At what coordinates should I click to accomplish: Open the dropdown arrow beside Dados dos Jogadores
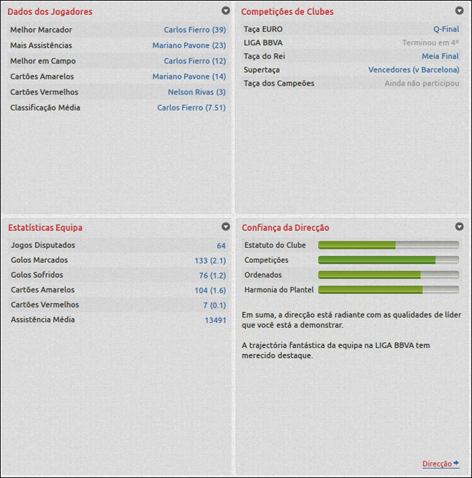pyautogui.click(x=225, y=11)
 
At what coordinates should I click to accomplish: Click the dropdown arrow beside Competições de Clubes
pyautogui.click(x=459, y=11)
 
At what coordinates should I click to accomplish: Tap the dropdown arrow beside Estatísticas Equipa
pyautogui.click(x=225, y=227)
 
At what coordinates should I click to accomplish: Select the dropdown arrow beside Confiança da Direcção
pyautogui.click(x=459, y=227)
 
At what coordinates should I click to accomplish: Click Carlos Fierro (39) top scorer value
pyautogui.click(x=194, y=30)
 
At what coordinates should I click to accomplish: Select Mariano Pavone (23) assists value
pyautogui.click(x=189, y=45)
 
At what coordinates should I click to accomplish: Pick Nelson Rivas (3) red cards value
pyautogui.click(x=196, y=92)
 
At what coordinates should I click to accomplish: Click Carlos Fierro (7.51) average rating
pyautogui.click(x=191, y=107)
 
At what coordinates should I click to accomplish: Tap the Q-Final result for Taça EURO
pyautogui.click(x=446, y=29)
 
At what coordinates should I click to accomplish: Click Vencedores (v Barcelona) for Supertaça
pyautogui.click(x=413, y=69)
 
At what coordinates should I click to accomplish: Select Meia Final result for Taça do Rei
pyautogui.click(x=440, y=56)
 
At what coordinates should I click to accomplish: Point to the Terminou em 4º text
pyautogui.click(x=430, y=42)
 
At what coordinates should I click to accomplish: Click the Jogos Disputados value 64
pyautogui.click(x=221, y=245)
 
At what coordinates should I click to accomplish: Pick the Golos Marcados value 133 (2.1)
pyautogui.click(x=210, y=260)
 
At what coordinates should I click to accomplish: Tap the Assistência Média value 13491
pyautogui.click(x=215, y=320)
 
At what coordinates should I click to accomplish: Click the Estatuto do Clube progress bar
pyautogui.click(x=388, y=245)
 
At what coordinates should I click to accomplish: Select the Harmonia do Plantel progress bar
pyautogui.click(x=388, y=289)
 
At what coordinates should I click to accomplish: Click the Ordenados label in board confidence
pyautogui.click(x=263, y=275)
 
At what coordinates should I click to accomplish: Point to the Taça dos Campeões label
pyautogui.click(x=278, y=83)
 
